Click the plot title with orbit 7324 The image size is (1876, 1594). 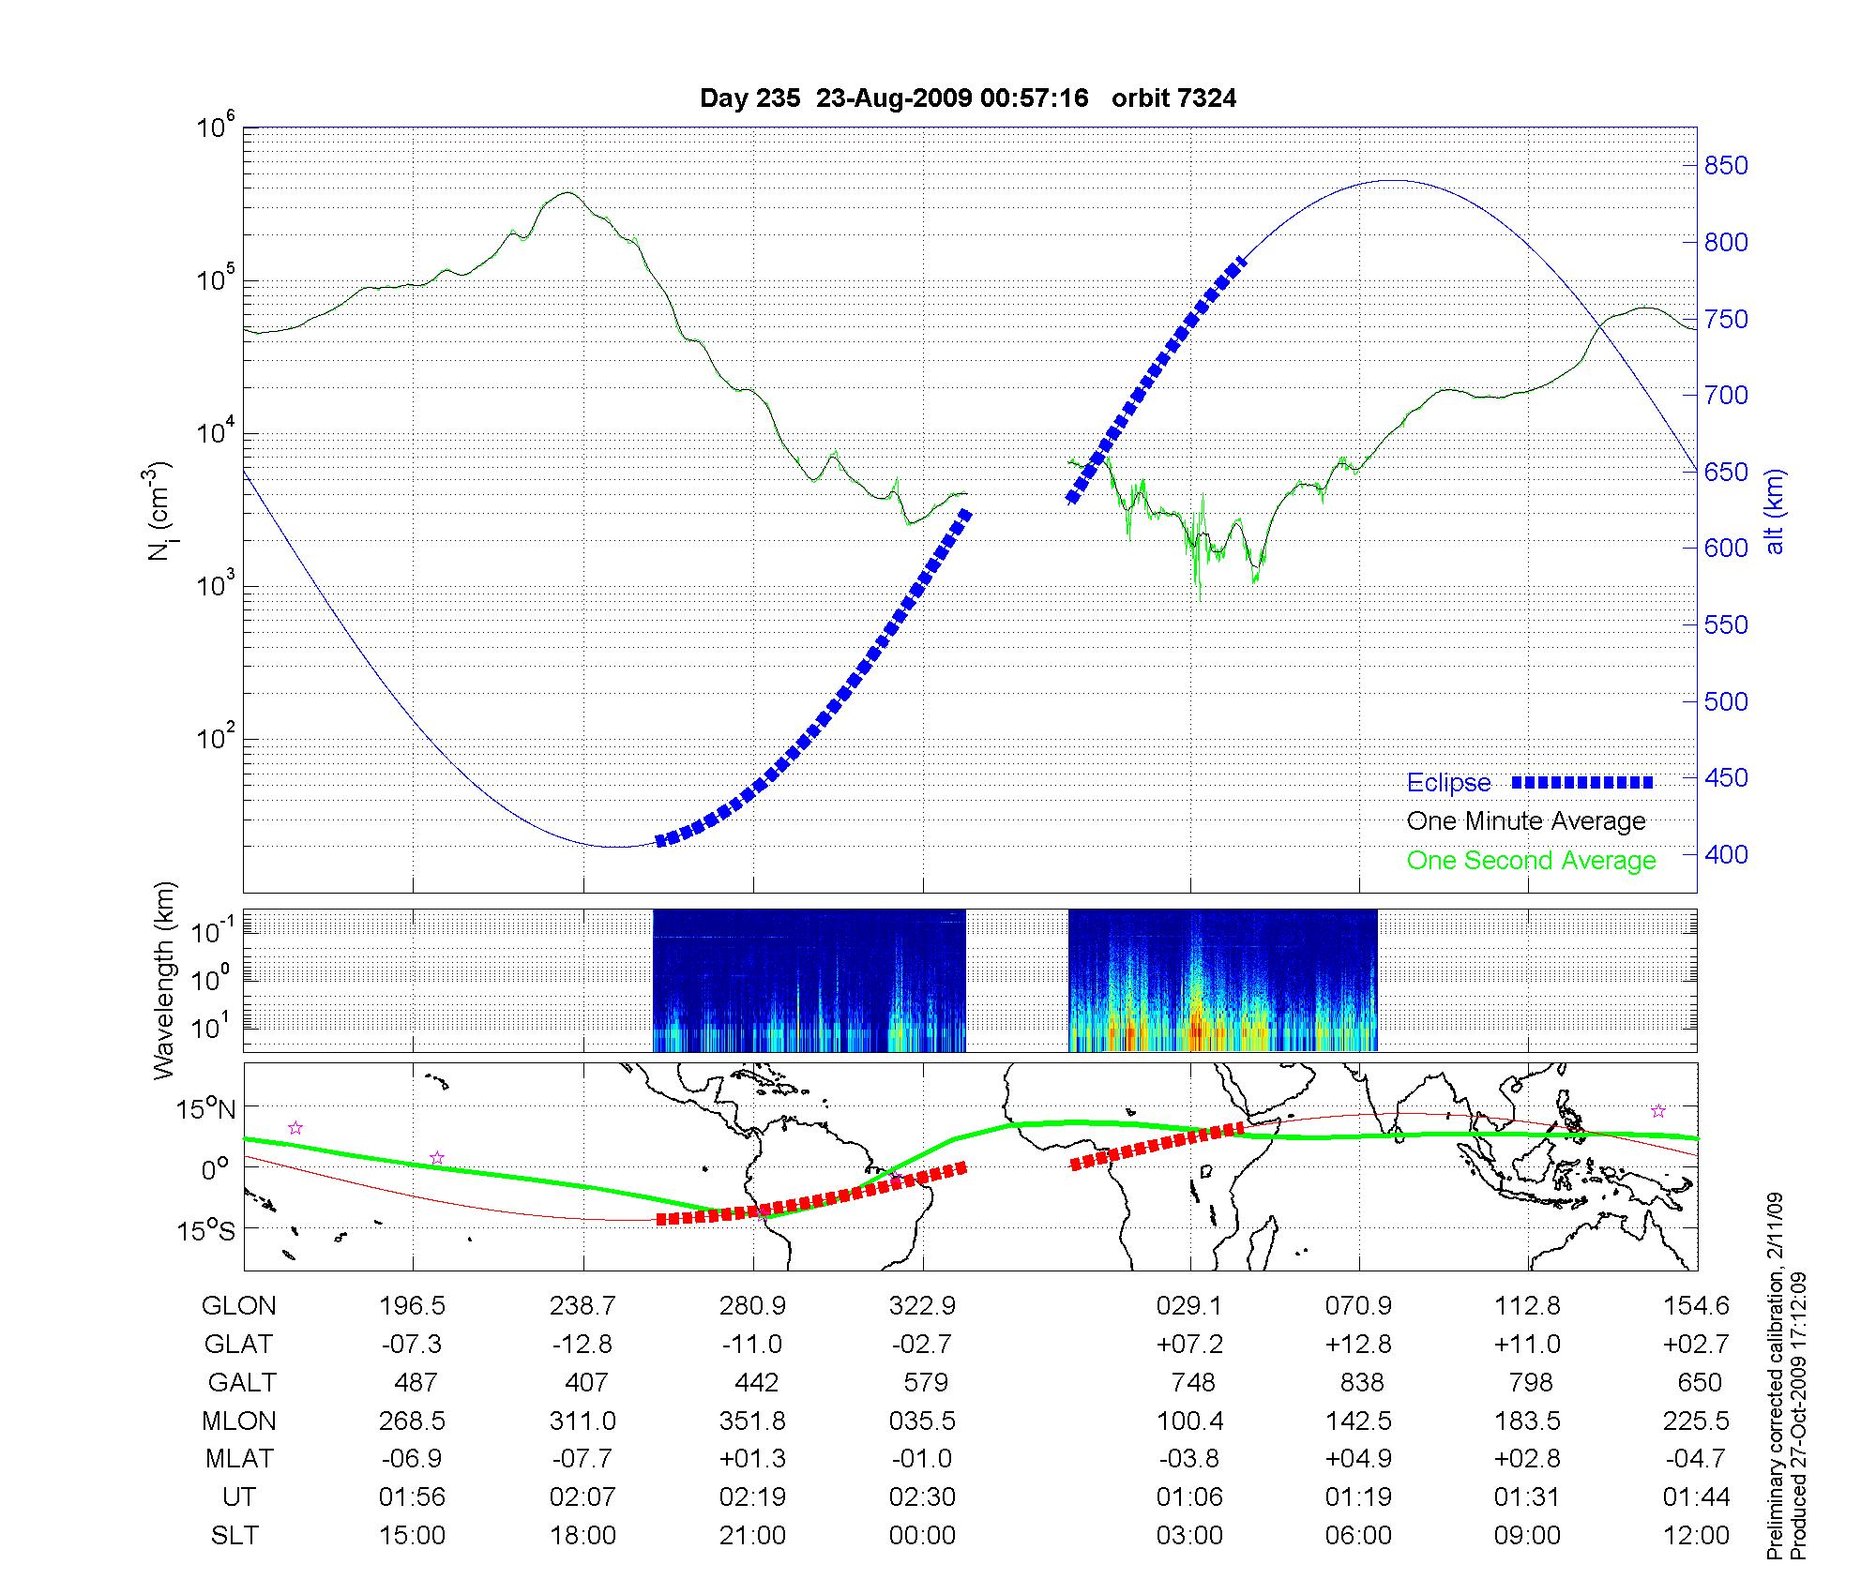(968, 98)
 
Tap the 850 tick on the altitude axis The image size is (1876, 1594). (1726, 166)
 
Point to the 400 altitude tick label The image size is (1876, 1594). (1726, 855)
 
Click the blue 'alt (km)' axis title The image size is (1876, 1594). (1775, 511)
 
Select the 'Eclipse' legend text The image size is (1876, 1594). (1448, 783)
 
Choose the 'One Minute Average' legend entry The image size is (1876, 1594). (1526, 821)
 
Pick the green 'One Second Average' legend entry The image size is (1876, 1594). (1531, 861)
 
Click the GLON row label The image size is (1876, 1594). (239, 1306)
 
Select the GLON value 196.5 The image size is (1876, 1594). (412, 1306)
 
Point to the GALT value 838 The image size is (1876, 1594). (1362, 1383)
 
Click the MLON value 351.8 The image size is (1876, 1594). (752, 1421)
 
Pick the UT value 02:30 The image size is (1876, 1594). (923, 1497)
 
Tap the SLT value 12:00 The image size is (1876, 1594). (1696, 1536)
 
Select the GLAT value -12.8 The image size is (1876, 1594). (582, 1345)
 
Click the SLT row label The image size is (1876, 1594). (234, 1536)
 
